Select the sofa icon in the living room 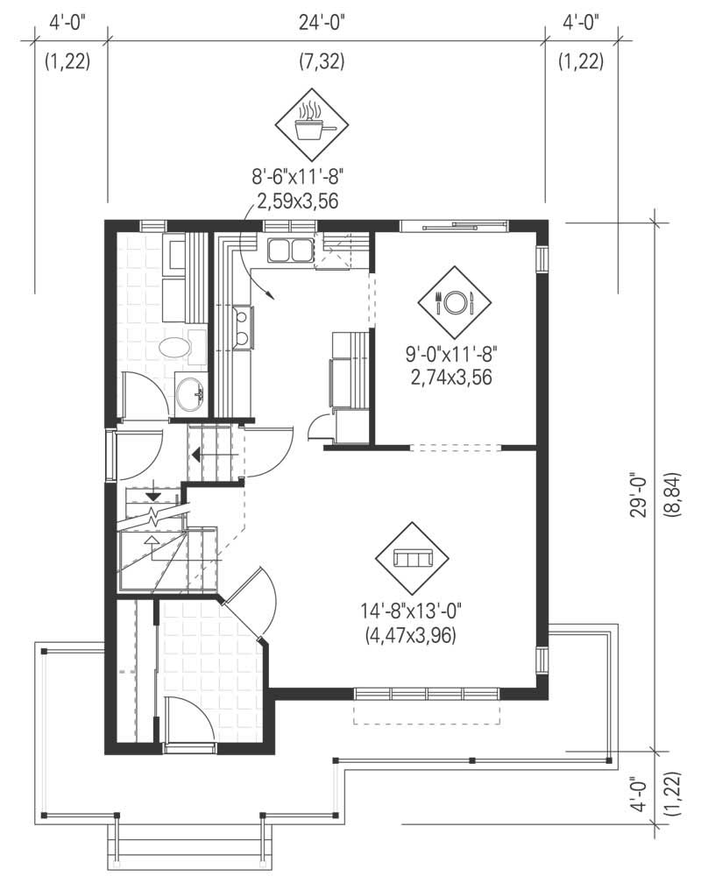[411, 559]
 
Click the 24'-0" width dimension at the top [319, 24]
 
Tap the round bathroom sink [189, 393]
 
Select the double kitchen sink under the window [289, 251]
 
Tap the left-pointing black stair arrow [197, 454]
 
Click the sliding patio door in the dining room [454, 226]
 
